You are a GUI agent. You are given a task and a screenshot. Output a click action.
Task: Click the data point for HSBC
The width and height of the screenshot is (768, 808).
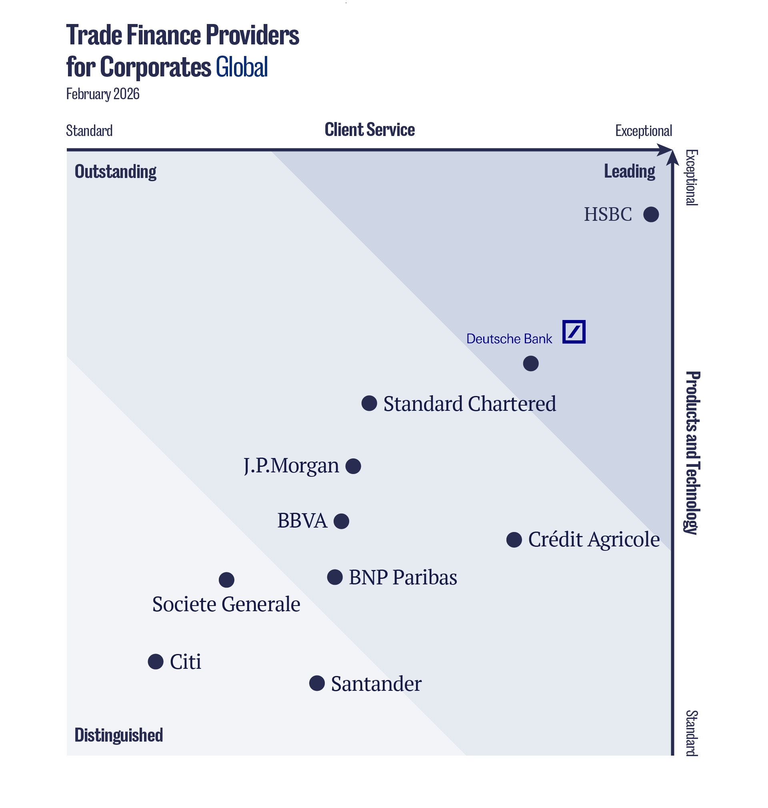click(x=651, y=214)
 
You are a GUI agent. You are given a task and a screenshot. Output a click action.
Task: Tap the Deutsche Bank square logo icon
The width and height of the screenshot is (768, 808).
click(x=574, y=332)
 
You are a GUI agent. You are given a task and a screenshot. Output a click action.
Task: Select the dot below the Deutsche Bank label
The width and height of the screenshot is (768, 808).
click(x=530, y=363)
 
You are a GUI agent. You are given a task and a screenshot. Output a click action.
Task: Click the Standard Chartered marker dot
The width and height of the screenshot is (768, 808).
click(x=369, y=403)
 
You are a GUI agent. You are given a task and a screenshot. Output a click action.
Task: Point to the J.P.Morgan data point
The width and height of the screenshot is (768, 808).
click(x=353, y=466)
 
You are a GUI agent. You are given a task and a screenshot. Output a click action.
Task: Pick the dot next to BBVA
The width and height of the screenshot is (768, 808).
click(x=341, y=521)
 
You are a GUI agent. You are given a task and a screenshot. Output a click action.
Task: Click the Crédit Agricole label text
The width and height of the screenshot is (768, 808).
click(x=594, y=540)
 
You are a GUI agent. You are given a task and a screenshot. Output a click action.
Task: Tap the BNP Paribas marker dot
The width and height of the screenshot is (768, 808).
click(x=334, y=577)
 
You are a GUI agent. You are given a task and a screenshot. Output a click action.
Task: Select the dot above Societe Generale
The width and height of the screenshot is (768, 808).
click(x=226, y=580)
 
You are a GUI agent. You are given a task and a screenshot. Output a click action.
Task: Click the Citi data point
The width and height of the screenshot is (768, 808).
click(x=155, y=662)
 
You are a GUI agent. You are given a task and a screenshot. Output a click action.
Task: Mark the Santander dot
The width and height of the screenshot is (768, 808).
click(x=316, y=683)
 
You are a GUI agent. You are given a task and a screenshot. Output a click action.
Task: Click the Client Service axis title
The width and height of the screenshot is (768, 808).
click(x=369, y=130)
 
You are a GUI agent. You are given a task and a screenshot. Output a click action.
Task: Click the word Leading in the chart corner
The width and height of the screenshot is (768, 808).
click(x=629, y=171)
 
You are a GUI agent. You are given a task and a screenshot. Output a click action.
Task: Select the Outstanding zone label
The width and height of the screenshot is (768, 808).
click(x=115, y=172)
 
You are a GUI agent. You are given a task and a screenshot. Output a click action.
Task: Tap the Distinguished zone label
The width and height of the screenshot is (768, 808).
click(x=118, y=735)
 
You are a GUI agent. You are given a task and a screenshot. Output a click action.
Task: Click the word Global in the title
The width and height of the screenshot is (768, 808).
click(x=242, y=67)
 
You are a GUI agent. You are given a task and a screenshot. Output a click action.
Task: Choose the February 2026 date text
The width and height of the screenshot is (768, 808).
click(x=102, y=94)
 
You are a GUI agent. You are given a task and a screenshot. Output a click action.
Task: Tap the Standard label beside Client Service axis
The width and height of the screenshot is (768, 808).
click(x=89, y=131)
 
